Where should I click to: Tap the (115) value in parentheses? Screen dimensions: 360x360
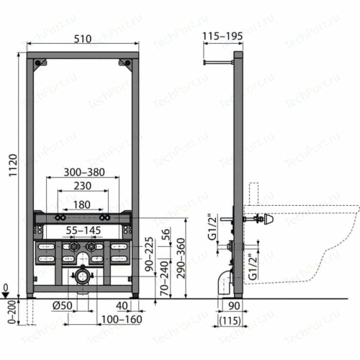pos(230,319)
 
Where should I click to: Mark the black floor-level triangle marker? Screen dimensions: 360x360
pos(7,294)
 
